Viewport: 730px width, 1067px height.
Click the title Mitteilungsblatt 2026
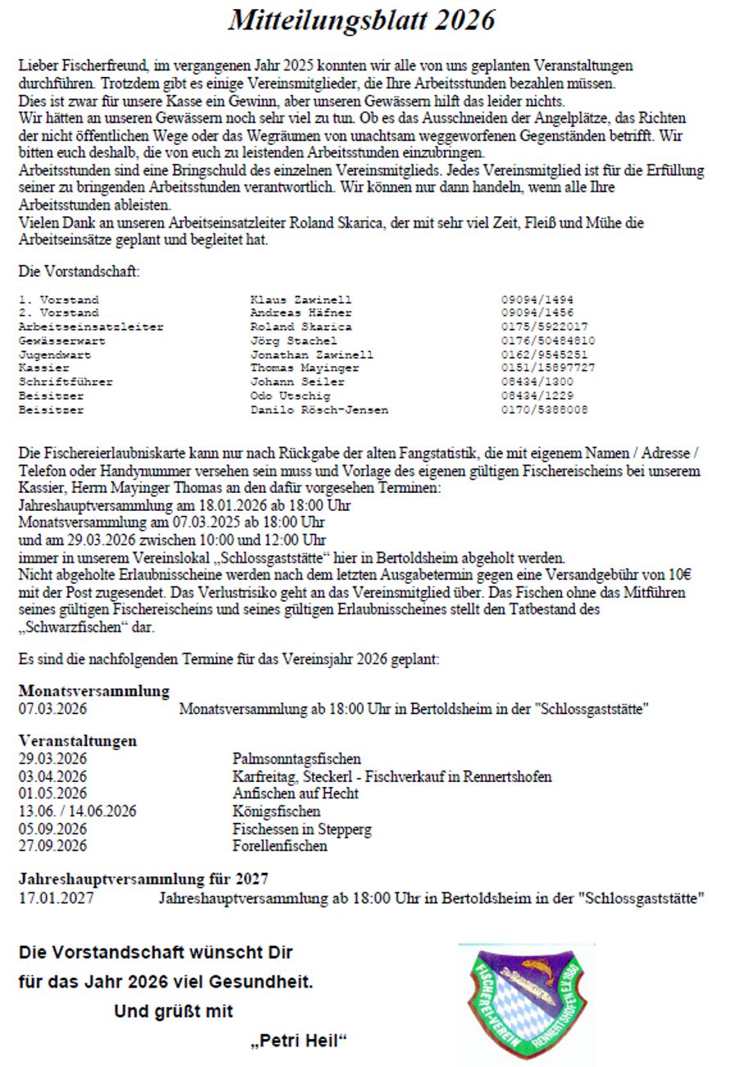[x=361, y=20]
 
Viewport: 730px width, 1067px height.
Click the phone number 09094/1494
[x=537, y=301]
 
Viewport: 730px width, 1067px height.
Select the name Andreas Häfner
[x=301, y=313]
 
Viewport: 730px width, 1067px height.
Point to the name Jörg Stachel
[x=293, y=340]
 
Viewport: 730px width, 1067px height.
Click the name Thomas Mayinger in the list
[x=304, y=368]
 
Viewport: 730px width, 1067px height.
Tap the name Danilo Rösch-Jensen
[x=320, y=409]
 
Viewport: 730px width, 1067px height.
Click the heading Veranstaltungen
[x=78, y=741]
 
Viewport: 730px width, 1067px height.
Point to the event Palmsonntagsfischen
[x=297, y=759]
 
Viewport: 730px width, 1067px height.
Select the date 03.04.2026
[x=52, y=776]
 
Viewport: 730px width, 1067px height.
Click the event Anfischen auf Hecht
[x=295, y=793]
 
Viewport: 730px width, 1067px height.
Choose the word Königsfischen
[x=276, y=812]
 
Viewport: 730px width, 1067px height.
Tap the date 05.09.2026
[x=52, y=829]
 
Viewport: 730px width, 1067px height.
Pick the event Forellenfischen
[x=279, y=846]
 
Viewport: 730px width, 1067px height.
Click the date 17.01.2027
[x=56, y=898]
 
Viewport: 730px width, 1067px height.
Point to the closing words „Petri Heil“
[x=299, y=1042]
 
